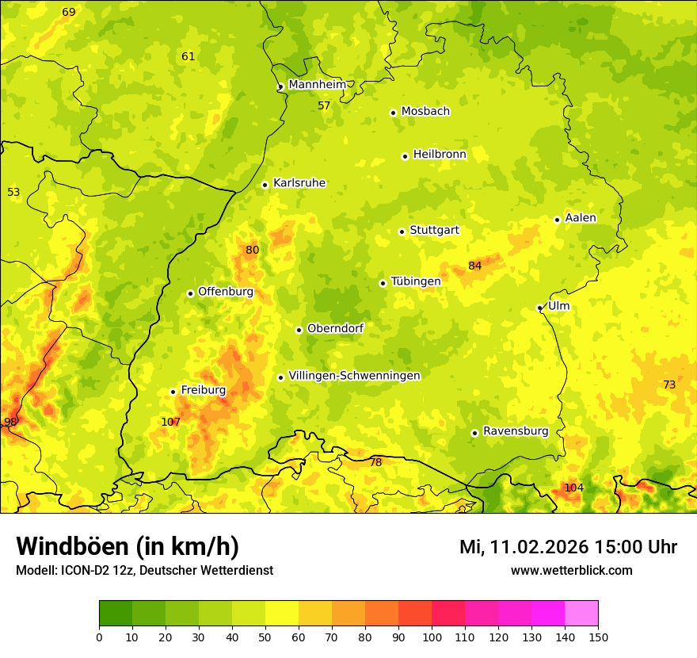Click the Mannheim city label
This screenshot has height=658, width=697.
point(317,85)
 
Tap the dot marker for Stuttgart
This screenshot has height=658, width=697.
point(402,231)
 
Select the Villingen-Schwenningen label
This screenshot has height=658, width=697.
point(354,376)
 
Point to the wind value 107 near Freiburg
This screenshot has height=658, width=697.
point(170,422)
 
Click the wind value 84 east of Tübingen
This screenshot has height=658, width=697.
point(474,266)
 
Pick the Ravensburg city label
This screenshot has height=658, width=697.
point(515,431)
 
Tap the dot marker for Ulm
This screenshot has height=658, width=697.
point(539,308)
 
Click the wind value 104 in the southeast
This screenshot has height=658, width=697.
point(573,488)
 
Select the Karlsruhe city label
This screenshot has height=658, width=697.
point(299,183)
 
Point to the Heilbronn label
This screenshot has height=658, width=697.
point(440,155)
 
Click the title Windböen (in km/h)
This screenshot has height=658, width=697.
point(127,547)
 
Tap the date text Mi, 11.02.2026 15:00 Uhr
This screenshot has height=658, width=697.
point(568,547)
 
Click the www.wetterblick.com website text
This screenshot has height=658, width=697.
point(571,570)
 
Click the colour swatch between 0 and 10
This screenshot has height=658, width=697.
point(116,613)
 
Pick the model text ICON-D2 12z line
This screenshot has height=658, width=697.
point(144,570)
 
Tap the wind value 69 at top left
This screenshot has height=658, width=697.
point(69,12)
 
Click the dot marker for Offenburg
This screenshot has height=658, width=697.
point(190,293)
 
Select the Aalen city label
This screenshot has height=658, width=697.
point(580,218)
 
